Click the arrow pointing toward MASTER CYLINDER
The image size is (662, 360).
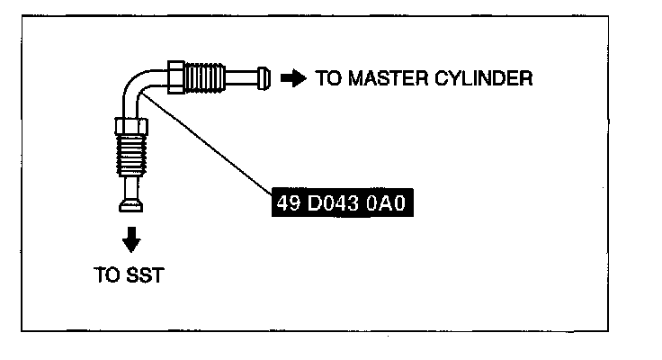tap(293, 77)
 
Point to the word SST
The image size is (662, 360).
tap(146, 275)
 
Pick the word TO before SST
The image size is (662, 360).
tap(105, 275)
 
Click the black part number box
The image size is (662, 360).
tap(345, 202)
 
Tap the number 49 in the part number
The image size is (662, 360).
tap(287, 202)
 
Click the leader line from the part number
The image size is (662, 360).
tap(207, 144)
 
